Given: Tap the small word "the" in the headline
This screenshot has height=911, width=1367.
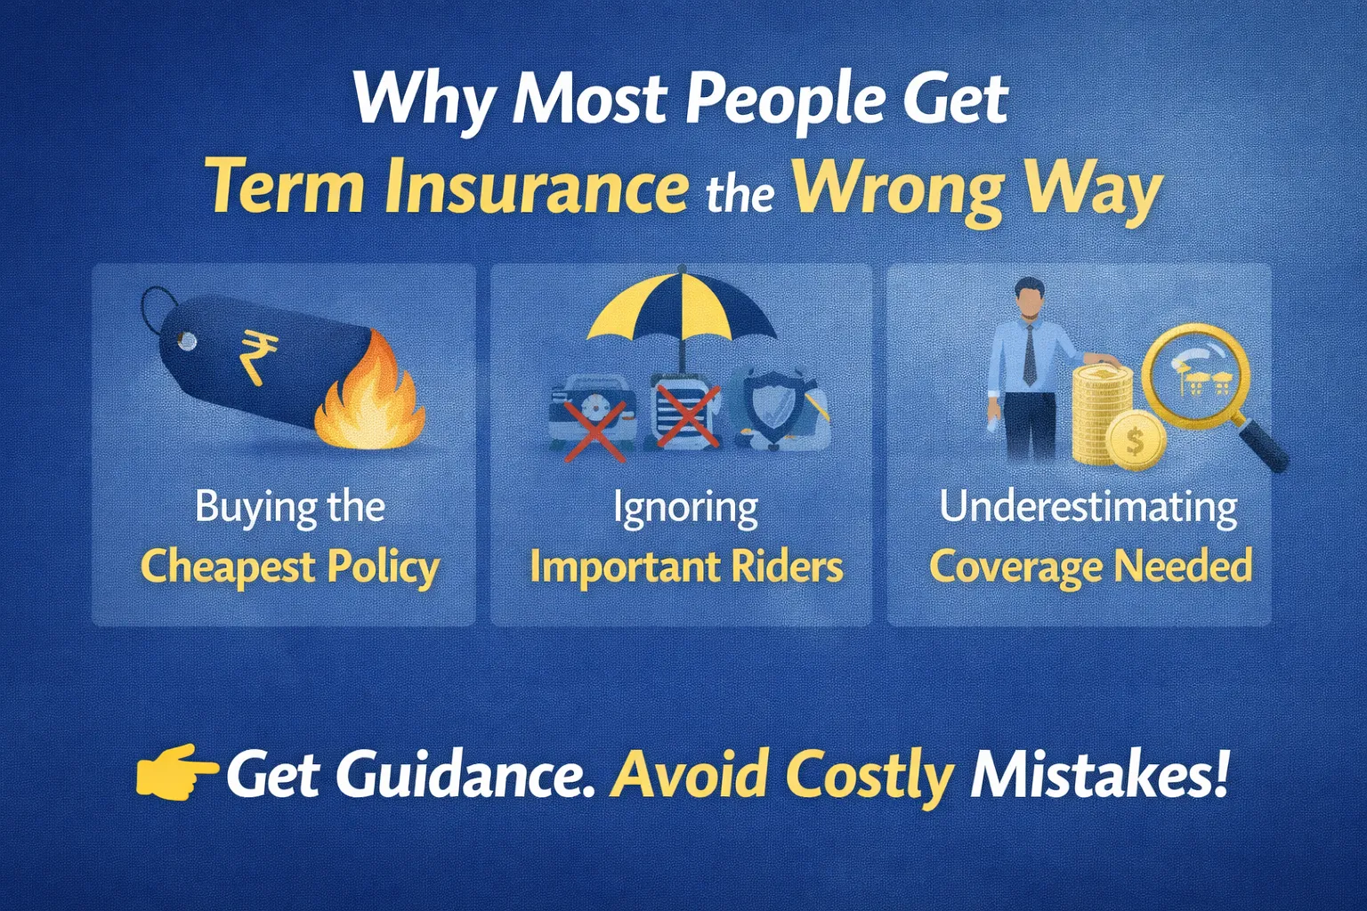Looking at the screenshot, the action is pos(740,193).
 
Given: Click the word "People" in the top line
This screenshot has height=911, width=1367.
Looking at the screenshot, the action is pos(785,100).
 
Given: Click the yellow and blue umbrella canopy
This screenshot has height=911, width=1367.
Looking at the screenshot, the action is pos(682,305).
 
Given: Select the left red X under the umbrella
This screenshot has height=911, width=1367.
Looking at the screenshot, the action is pos(595,431).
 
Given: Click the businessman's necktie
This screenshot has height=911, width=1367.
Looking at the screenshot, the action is pos(1030,354).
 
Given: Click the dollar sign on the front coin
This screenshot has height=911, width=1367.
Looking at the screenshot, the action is pos(1135,440).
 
